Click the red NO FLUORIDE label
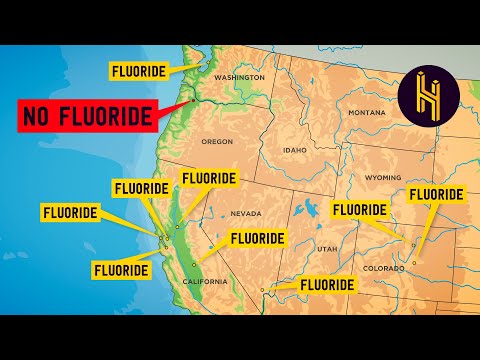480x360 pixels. pos(86,115)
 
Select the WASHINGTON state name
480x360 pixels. pos(240,77)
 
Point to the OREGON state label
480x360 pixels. pos(217,142)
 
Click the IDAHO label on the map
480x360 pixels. pos(295,150)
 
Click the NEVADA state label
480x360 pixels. pos(246,213)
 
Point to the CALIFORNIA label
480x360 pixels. pos(204,282)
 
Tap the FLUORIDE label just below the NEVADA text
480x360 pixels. pos(259,239)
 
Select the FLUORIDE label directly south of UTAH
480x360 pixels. pos(327,284)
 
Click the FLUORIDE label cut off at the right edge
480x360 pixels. pos(437,193)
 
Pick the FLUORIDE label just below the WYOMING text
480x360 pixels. pos(360,209)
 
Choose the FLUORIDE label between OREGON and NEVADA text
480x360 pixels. pos(208,179)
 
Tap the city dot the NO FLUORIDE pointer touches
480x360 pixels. pos(191,101)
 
